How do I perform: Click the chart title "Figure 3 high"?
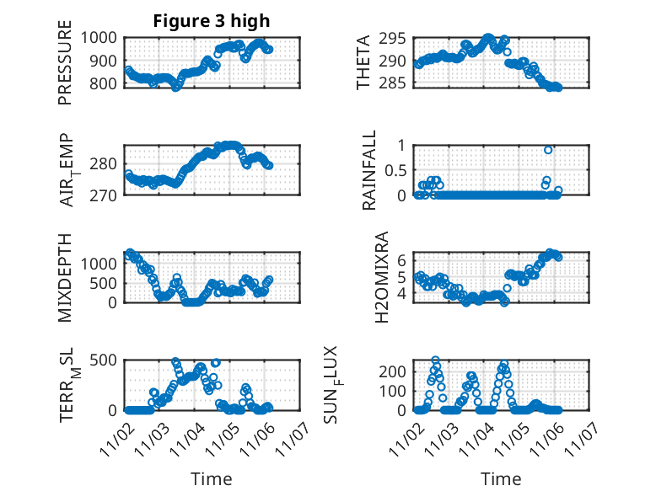211,21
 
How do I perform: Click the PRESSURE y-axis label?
66,69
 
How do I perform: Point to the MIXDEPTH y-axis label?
66,279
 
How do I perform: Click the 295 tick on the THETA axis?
396,39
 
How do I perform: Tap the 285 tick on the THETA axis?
396,83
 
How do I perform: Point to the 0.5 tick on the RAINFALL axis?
395,170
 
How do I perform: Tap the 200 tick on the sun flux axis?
395,371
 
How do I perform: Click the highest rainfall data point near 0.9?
548,150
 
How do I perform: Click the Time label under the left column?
211,478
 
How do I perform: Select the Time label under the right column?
501,478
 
